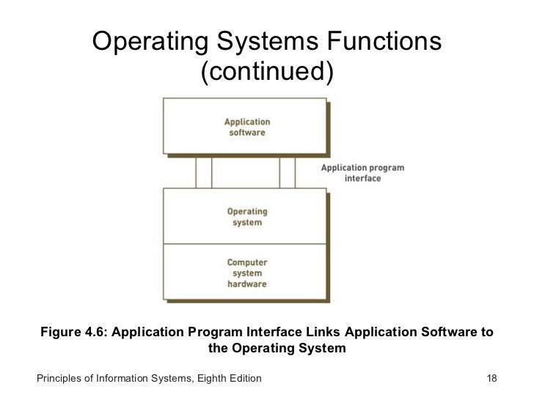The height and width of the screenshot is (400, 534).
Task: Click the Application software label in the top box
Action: click(246, 127)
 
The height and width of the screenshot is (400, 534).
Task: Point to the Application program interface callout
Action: click(362, 173)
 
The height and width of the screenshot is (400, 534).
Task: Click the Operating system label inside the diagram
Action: click(246, 217)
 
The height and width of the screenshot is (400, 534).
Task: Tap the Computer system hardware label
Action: click(246, 273)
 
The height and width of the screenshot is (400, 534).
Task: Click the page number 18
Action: click(492, 379)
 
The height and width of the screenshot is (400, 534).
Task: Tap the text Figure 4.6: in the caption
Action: click(73, 333)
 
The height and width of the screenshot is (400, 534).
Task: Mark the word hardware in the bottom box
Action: click(246, 284)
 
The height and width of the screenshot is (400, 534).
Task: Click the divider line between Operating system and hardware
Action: click(246, 243)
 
